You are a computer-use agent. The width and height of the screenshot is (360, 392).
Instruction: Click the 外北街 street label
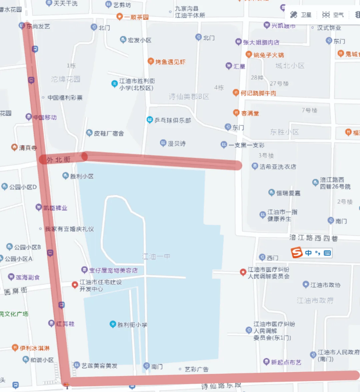point(59,160)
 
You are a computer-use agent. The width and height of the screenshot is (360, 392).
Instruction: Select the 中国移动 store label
point(45,117)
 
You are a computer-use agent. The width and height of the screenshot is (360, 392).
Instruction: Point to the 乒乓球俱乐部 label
point(172,120)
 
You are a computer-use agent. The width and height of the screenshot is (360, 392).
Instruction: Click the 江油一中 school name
point(156,256)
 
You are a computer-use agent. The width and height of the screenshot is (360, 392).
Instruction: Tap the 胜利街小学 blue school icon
point(113,324)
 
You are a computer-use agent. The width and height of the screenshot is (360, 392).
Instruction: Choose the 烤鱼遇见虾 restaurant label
point(170,62)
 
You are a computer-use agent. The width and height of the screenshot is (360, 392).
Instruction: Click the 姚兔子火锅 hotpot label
point(268,55)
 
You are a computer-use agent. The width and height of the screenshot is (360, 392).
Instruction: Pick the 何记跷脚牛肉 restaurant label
point(258,93)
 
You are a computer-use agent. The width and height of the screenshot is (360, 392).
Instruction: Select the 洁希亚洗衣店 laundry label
point(277,166)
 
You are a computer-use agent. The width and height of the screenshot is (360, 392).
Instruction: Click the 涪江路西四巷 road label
point(313,238)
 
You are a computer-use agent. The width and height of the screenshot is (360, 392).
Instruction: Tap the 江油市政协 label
point(325,285)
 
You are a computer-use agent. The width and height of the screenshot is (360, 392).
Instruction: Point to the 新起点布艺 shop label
point(286,362)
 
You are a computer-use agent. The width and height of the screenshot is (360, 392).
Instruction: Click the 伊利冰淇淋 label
point(34,348)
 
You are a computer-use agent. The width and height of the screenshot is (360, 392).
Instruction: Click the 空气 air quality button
point(333,15)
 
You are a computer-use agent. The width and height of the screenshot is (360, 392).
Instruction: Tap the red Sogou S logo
point(296,253)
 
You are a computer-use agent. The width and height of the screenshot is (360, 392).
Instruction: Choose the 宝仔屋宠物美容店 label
point(113,270)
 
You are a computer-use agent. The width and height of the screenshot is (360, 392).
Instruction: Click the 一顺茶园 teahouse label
point(136,17)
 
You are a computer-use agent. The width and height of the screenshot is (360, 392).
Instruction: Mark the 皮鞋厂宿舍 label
point(109,133)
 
